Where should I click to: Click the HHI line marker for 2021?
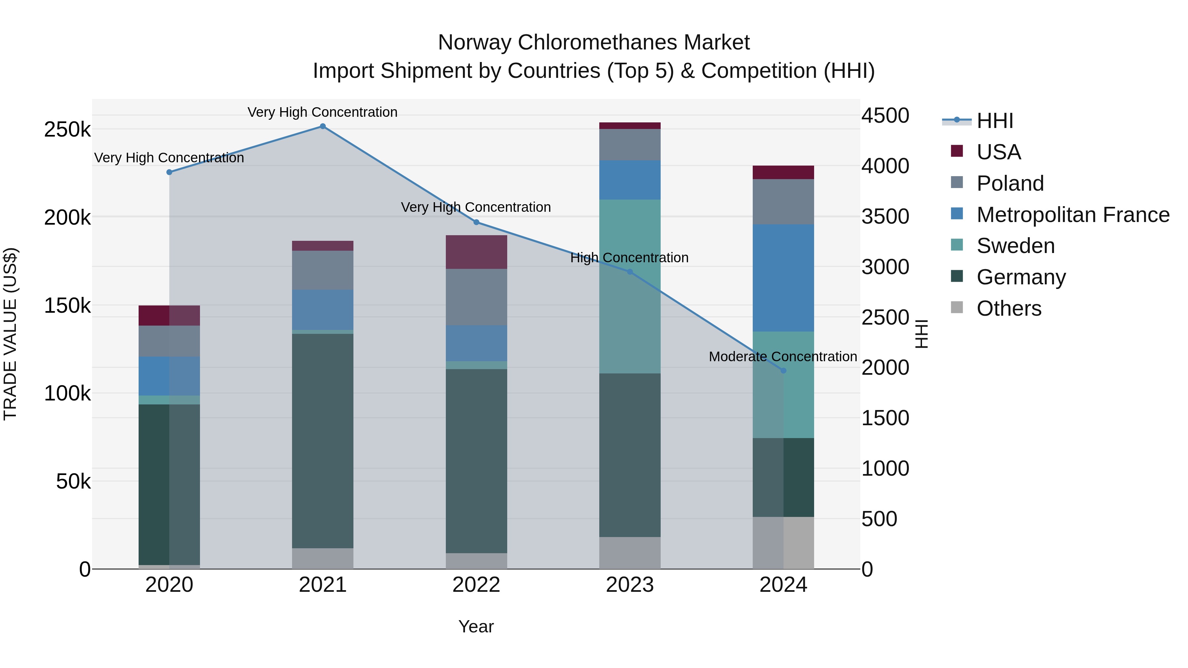pyautogui.click(x=323, y=126)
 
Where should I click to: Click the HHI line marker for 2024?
pyautogui.click(x=783, y=371)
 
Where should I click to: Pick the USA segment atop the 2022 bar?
pyautogui.click(x=477, y=252)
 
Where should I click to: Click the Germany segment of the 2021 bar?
pyautogui.click(x=323, y=440)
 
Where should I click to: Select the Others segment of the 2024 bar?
pyautogui.click(x=783, y=543)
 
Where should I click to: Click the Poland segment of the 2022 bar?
pyautogui.click(x=477, y=297)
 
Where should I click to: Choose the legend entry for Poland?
pyautogui.click(x=1009, y=183)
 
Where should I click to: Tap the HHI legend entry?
pyautogui.click(x=995, y=121)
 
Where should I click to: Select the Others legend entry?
pyautogui.click(x=1008, y=308)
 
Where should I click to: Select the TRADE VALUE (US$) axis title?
pyautogui.click(x=10, y=334)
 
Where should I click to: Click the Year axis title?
pyautogui.click(x=476, y=626)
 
